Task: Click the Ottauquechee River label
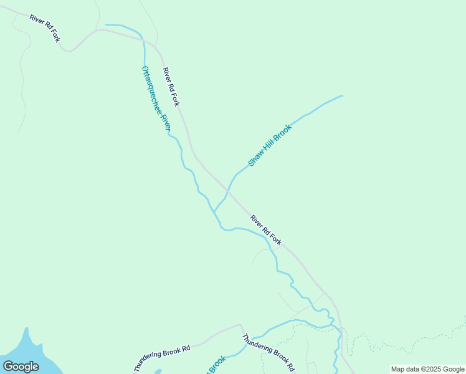[156, 98]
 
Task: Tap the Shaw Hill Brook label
[270, 145]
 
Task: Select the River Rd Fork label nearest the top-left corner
[44, 28]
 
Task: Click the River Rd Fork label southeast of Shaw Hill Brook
[266, 230]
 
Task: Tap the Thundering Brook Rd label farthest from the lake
[268, 353]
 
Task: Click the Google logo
[21, 366]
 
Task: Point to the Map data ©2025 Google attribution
[427, 369]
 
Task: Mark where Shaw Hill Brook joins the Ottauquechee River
[215, 211]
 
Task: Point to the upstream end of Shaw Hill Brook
[342, 96]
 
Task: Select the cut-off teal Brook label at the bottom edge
[216, 364]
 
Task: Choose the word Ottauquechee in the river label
[151, 89]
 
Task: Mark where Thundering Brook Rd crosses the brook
[245, 342]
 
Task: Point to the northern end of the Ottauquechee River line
[107, 25]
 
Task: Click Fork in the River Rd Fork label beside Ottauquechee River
[174, 98]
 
